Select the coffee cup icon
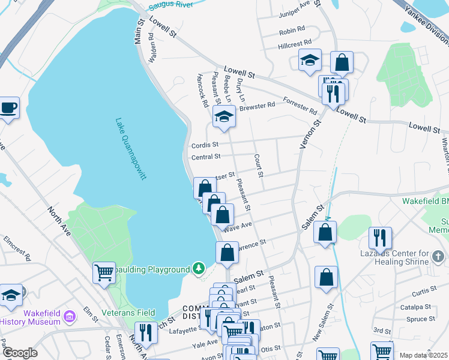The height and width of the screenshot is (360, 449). [x=8, y=108]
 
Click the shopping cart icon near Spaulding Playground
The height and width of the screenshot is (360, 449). [x=104, y=273]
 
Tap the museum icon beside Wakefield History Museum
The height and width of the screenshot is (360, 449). [x=70, y=316]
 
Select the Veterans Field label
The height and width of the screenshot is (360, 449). [x=128, y=313]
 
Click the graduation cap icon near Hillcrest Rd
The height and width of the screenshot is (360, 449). [x=310, y=60]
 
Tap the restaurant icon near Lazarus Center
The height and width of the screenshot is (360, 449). [x=380, y=237]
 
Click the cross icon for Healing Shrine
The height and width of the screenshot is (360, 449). [x=439, y=257]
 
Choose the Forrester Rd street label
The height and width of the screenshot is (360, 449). [x=300, y=106]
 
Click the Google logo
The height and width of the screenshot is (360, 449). [x=19, y=353]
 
